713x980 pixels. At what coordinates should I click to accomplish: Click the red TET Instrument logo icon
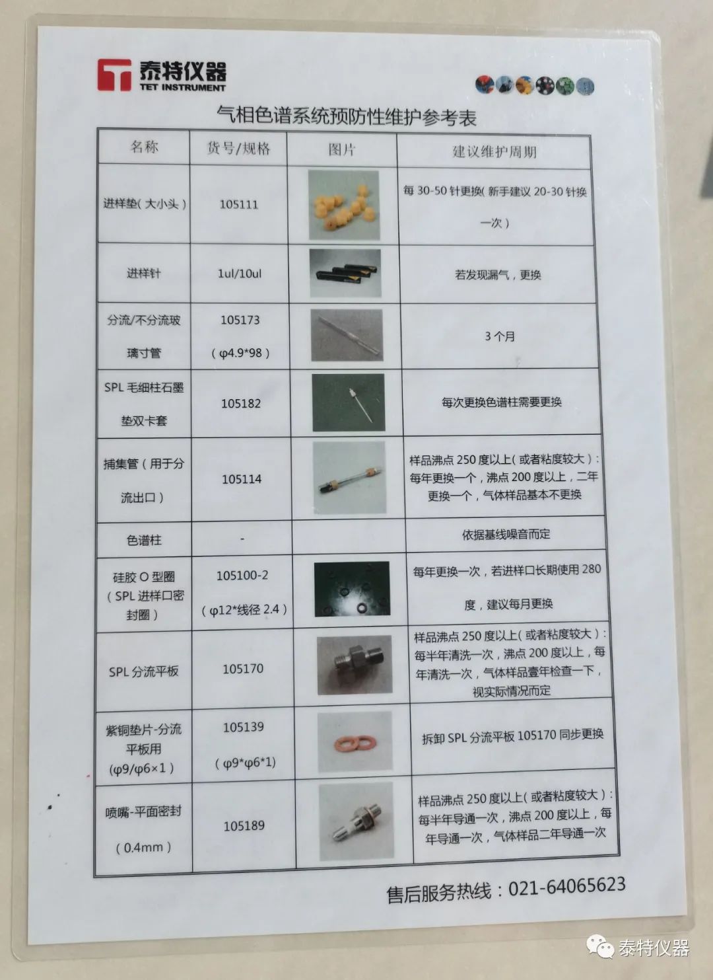tap(114, 75)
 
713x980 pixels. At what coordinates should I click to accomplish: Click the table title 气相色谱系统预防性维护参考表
tap(347, 116)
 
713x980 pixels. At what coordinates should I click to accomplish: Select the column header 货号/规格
tap(238, 148)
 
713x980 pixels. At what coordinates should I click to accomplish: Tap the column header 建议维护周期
tap(494, 151)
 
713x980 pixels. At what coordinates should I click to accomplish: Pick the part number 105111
tap(239, 204)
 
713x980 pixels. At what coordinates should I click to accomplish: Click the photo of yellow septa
tap(343, 206)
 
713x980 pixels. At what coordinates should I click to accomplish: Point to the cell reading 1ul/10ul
tap(240, 274)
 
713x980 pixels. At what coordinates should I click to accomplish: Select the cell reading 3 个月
tap(500, 336)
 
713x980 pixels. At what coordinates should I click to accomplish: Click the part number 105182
tap(241, 403)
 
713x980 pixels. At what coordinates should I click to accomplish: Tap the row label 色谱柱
tap(144, 540)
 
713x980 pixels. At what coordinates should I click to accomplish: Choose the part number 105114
tap(242, 478)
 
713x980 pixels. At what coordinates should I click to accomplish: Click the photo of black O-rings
tap(352, 589)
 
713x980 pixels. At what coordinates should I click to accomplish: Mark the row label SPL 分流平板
tap(144, 671)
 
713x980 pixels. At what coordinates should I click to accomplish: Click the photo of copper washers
tap(355, 742)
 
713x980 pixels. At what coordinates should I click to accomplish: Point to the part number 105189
tap(244, 825)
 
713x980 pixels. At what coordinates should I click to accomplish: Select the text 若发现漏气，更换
tap(498, 275)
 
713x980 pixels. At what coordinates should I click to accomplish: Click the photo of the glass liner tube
tap(347, 335)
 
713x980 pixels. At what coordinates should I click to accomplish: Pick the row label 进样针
tap(144, 274)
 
